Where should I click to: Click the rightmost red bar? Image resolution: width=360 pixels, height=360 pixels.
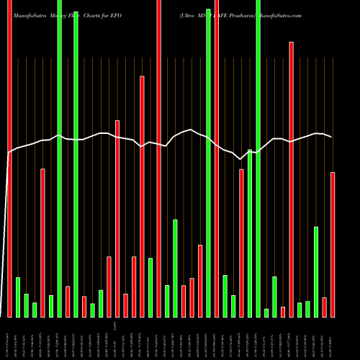tap(333, 245)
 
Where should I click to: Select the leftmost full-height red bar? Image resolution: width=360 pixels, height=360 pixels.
tap(9, 158)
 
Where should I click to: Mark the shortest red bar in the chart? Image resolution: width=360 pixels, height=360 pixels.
tap(283, 311)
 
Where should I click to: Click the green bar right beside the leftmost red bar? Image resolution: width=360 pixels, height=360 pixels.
tap(18, 297)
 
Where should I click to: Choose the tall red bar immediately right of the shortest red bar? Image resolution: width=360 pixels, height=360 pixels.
tap(291, 180)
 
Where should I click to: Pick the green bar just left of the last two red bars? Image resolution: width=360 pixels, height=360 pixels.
tap(316, 271)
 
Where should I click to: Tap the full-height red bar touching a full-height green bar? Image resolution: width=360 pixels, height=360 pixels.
tap(216, 158)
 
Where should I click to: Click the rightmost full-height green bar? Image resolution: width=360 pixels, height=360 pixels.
tap(258, 158)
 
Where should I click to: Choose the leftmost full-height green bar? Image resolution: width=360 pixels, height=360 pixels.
tap(59, 158)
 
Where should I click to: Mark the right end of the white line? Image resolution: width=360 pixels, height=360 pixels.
tap(332, 137)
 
